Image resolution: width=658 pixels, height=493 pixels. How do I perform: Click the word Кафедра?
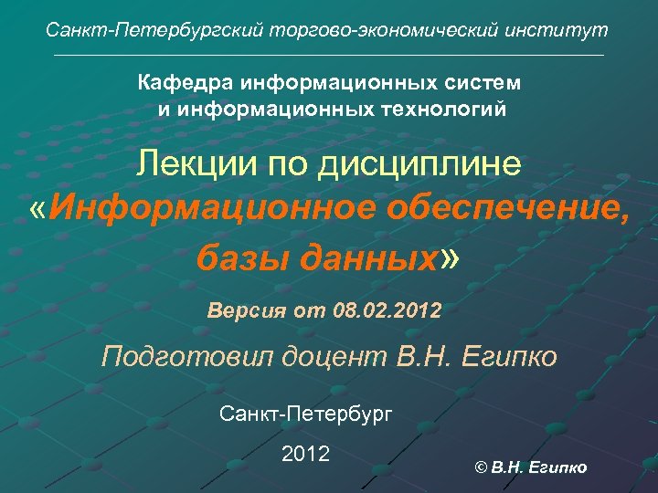point(186,83)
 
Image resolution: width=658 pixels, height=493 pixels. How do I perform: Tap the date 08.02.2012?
point(387,311)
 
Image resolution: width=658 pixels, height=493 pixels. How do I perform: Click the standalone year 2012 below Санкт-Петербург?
point(305,454)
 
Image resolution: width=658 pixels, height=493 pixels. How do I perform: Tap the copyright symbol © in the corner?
point(482,468)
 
